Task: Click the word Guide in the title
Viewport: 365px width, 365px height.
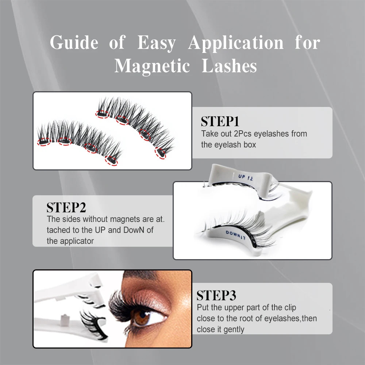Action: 74,42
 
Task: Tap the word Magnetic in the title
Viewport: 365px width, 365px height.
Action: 153,66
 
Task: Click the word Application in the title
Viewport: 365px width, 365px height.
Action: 236,43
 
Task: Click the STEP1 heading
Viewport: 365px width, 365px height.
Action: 220,122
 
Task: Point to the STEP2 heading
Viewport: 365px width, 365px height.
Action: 66,207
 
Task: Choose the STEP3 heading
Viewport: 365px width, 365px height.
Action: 216,295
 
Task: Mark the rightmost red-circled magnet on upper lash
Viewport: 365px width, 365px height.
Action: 160,153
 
